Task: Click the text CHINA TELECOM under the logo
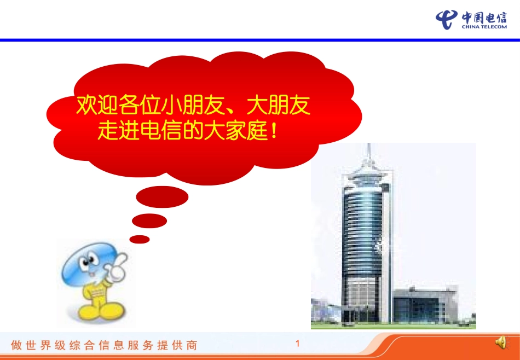tap(484, 26)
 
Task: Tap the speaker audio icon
tap(500, 343)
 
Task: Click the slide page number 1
tap(297, 344)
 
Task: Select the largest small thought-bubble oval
tap(162, 198)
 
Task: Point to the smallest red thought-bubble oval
tap(140, 239)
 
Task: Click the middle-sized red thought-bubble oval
tap(149, 220)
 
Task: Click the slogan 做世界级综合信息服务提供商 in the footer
tap(104, 345)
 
